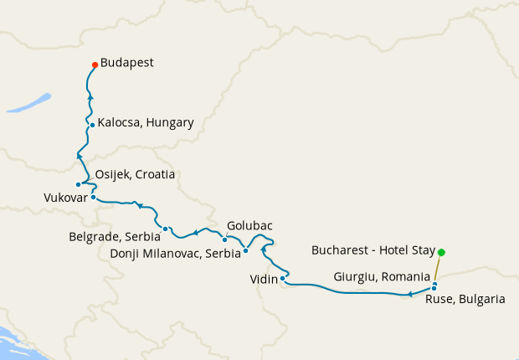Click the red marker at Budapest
pos(95,65)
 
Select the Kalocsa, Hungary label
pos(146,122)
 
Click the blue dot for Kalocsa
pos(92,126)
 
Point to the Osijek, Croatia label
pos(136,174)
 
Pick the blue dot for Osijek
pos(78,184)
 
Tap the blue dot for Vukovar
pos(93,198)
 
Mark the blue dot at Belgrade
pos(166,229)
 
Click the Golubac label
pos(249,225)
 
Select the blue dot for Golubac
pos(224,239)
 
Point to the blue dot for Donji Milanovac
pos(245,250)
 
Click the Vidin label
pos(264,279)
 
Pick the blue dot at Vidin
pos(283,278)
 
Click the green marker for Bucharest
pos(441,252)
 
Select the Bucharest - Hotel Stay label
pos(372,250)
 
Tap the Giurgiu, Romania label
pos(382,275)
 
